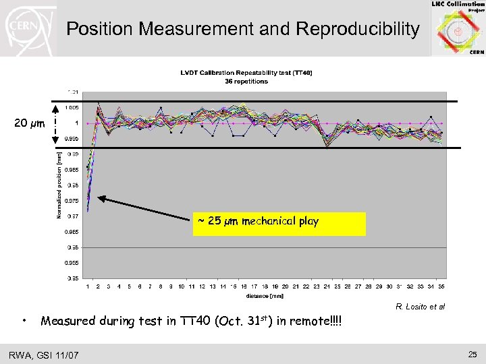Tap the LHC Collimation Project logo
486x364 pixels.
point(458,28)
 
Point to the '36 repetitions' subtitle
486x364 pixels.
point(246,81)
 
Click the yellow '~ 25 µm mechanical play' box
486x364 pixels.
point(279,223)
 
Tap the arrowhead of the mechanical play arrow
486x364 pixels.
point(101,198)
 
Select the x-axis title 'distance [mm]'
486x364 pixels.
point(265,295)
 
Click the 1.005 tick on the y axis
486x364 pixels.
point(71,107)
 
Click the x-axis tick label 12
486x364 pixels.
point(202,286)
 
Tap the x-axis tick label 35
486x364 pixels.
point(441,286)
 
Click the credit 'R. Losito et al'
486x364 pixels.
point(421,307)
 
